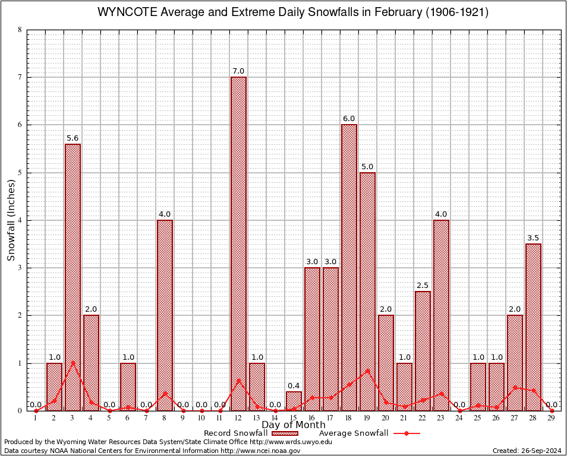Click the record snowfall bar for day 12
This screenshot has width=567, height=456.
click(x=238, y=243)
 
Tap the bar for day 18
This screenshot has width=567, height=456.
click(x=349, y=267)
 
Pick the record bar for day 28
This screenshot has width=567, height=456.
click(x=533, y=327)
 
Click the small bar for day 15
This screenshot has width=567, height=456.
click(x=294, y=401)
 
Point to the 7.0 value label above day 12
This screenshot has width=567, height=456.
click(x=238, y=71)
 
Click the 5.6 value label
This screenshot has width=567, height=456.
click(x=73, y=138)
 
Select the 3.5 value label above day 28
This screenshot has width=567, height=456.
click(x=533, y=238)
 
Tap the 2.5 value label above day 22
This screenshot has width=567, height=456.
click(x=423, y=286)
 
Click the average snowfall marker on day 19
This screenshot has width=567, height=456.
click(x=367, y=370)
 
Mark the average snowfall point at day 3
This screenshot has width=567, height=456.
click(x=73, y=362)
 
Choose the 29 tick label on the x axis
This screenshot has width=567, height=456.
click(x=552, y=418)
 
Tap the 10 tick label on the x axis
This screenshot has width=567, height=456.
click(x=201, y=418)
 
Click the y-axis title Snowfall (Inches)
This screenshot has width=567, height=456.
click(x=11, y=220)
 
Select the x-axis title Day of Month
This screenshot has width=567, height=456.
click(x=294, y=425)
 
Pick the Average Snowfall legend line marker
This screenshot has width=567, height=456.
click(x=406, y=433)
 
